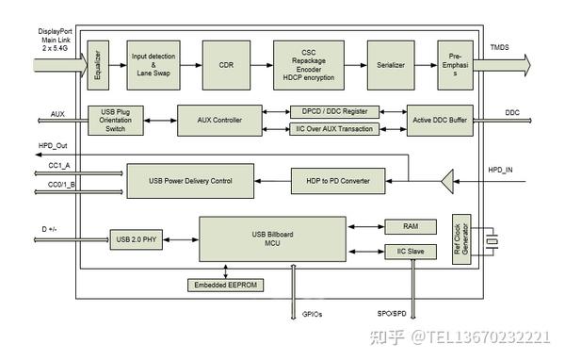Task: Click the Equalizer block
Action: click(x=94, y=65)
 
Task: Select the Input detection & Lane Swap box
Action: click(x=153, y=65)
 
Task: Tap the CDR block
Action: click(x=227, y=65)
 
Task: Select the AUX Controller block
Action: click(x=218, y=121)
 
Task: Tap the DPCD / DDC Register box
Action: click(x=335, y=111)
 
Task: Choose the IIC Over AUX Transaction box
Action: click(x=335, y=129)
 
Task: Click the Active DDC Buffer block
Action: click(x=440, y=121)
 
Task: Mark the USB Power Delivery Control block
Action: click(x=189, y=180)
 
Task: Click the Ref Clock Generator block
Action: click(x=460, y=240)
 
